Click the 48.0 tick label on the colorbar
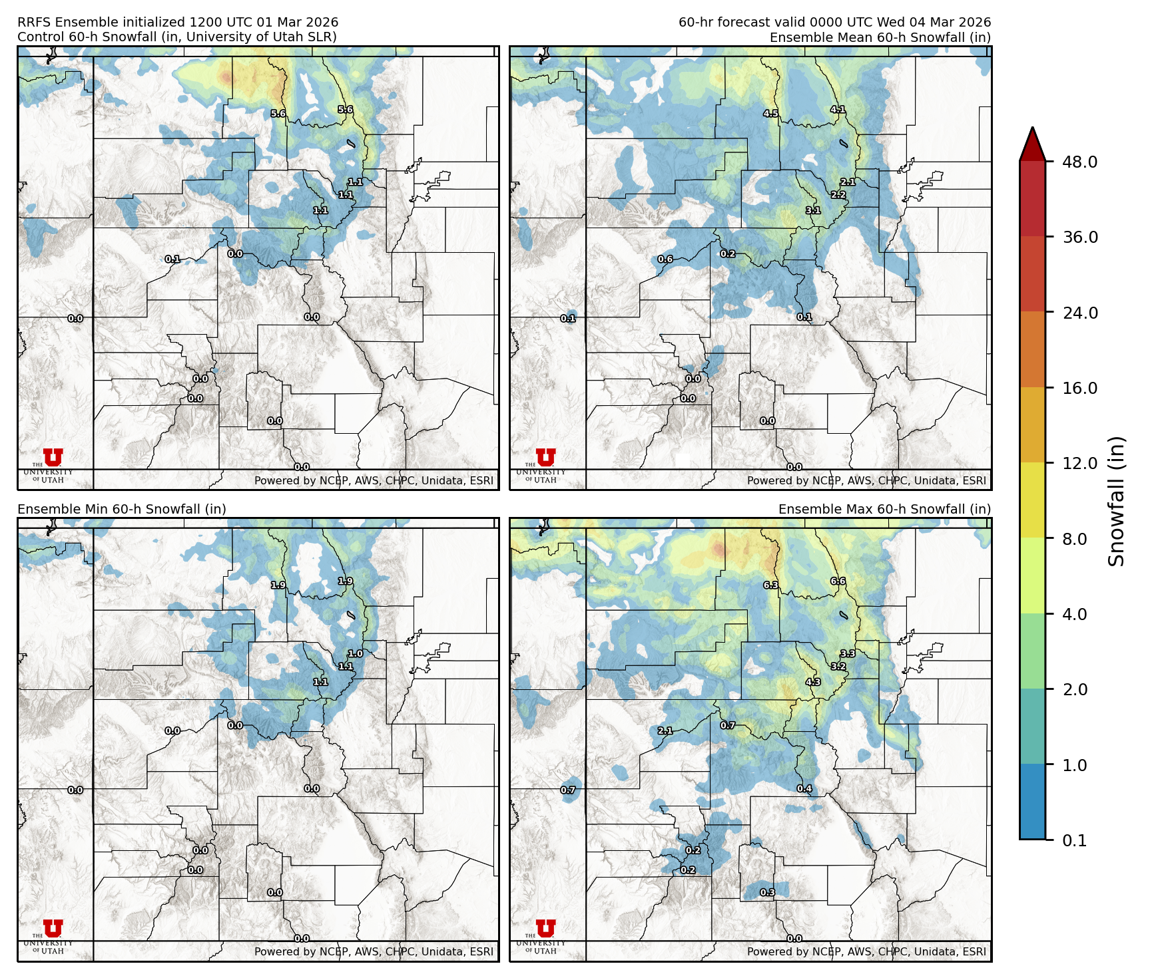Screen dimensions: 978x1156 click(1079, 162)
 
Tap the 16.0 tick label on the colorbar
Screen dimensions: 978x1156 click(1079, 388)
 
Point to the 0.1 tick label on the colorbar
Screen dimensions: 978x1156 click(1074, 840)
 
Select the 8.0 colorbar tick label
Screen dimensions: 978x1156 click(1074, 539)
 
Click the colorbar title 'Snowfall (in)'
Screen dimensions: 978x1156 click(1117, 501)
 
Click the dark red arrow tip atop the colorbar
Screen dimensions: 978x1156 click(1032, 142)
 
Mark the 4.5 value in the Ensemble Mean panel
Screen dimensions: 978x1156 click(770, 114)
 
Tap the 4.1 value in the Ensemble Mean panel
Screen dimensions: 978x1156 click(838, 110)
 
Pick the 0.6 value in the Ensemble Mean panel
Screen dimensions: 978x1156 click(665, 259)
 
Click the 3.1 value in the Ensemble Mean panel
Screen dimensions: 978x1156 click(813, 210)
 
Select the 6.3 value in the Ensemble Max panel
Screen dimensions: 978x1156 click(770, 585)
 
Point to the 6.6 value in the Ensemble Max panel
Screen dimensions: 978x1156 click(838, 581)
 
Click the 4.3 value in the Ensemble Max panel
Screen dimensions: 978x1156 click(813, 682)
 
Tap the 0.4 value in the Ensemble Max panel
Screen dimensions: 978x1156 click(804, 789)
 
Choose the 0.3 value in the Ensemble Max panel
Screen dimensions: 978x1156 click(767, 893)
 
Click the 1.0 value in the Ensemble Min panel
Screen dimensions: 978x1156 click(356, 654)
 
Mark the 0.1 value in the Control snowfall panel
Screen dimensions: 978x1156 click(172, 259)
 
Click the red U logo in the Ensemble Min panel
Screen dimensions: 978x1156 click(53, 928)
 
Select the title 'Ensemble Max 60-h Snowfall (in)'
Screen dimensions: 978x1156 click(884, 510)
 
